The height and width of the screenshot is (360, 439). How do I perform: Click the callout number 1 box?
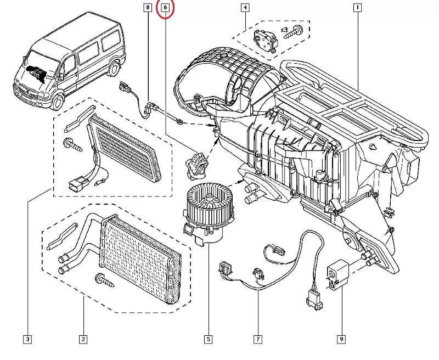tap(357, 8)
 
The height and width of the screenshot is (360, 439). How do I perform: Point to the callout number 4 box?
tap(245, 8)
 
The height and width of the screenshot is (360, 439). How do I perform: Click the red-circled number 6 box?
tap(165, 8)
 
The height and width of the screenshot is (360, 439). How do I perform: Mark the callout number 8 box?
tap(147, 8)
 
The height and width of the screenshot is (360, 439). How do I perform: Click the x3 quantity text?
tap(285, 29)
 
